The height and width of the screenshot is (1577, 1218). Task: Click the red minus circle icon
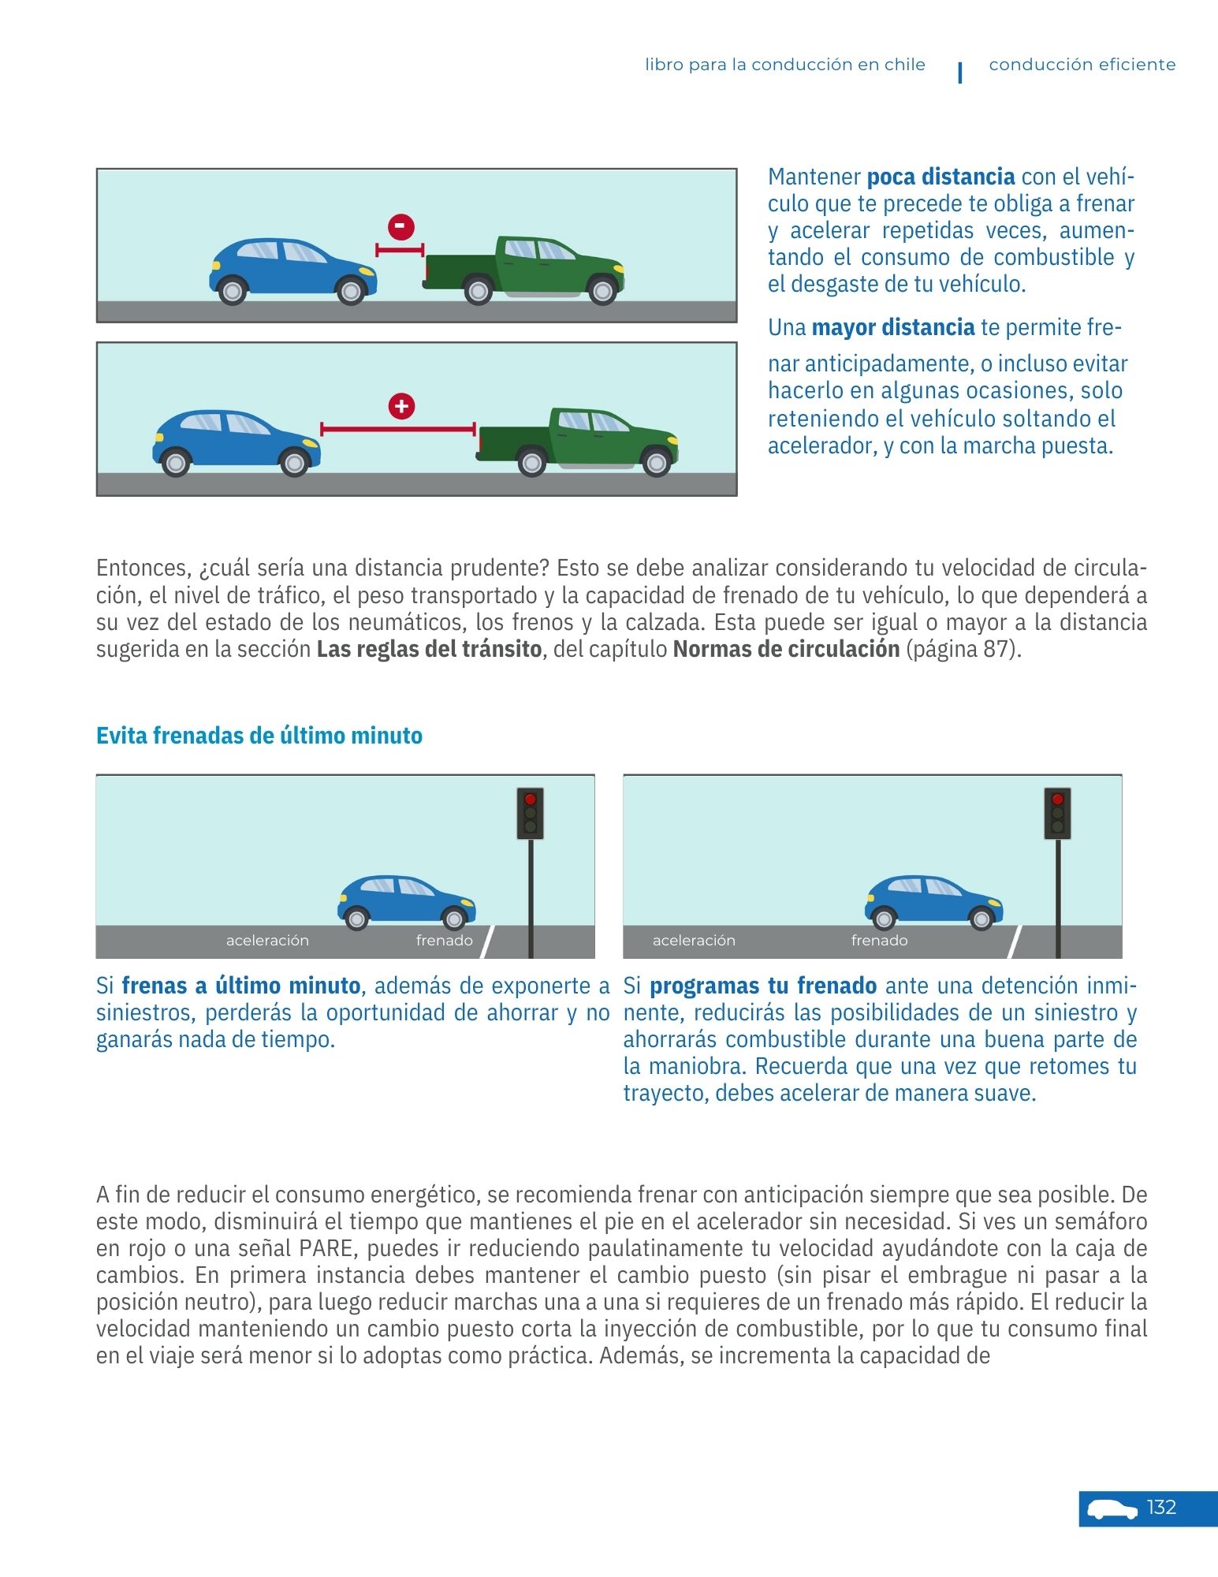400,227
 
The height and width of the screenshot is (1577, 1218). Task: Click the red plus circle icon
401,407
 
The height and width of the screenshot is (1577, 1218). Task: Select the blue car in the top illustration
292,270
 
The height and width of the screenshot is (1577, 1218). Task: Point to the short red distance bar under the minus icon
400,250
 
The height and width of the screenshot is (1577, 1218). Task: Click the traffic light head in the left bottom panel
530,813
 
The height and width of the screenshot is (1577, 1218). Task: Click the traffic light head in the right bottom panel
1057,813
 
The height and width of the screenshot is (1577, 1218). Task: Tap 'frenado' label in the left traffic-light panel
445,940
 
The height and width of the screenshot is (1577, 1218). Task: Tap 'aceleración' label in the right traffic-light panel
694,940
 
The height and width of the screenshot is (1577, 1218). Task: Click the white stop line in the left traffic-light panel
487,941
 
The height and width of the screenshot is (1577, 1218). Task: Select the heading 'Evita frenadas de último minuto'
259,736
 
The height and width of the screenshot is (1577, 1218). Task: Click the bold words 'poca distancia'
941,177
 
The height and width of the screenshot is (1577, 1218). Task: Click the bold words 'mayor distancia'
893,327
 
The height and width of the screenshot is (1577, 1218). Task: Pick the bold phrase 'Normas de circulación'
786,649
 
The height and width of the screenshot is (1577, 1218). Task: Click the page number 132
1161,1508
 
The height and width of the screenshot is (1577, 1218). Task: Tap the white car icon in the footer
1112,1509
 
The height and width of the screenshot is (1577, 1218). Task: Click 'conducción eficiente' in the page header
1082,65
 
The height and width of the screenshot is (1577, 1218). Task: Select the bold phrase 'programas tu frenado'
763,986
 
